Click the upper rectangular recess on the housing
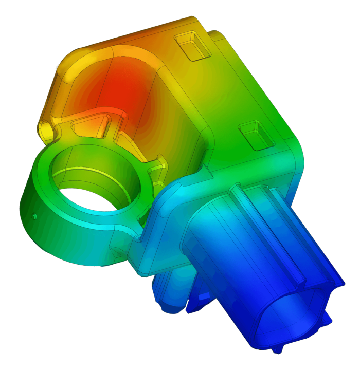pos(193,46)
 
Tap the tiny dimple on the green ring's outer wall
pos(34,216)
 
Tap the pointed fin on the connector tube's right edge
pos(337,280)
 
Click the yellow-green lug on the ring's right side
pos(157,175)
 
